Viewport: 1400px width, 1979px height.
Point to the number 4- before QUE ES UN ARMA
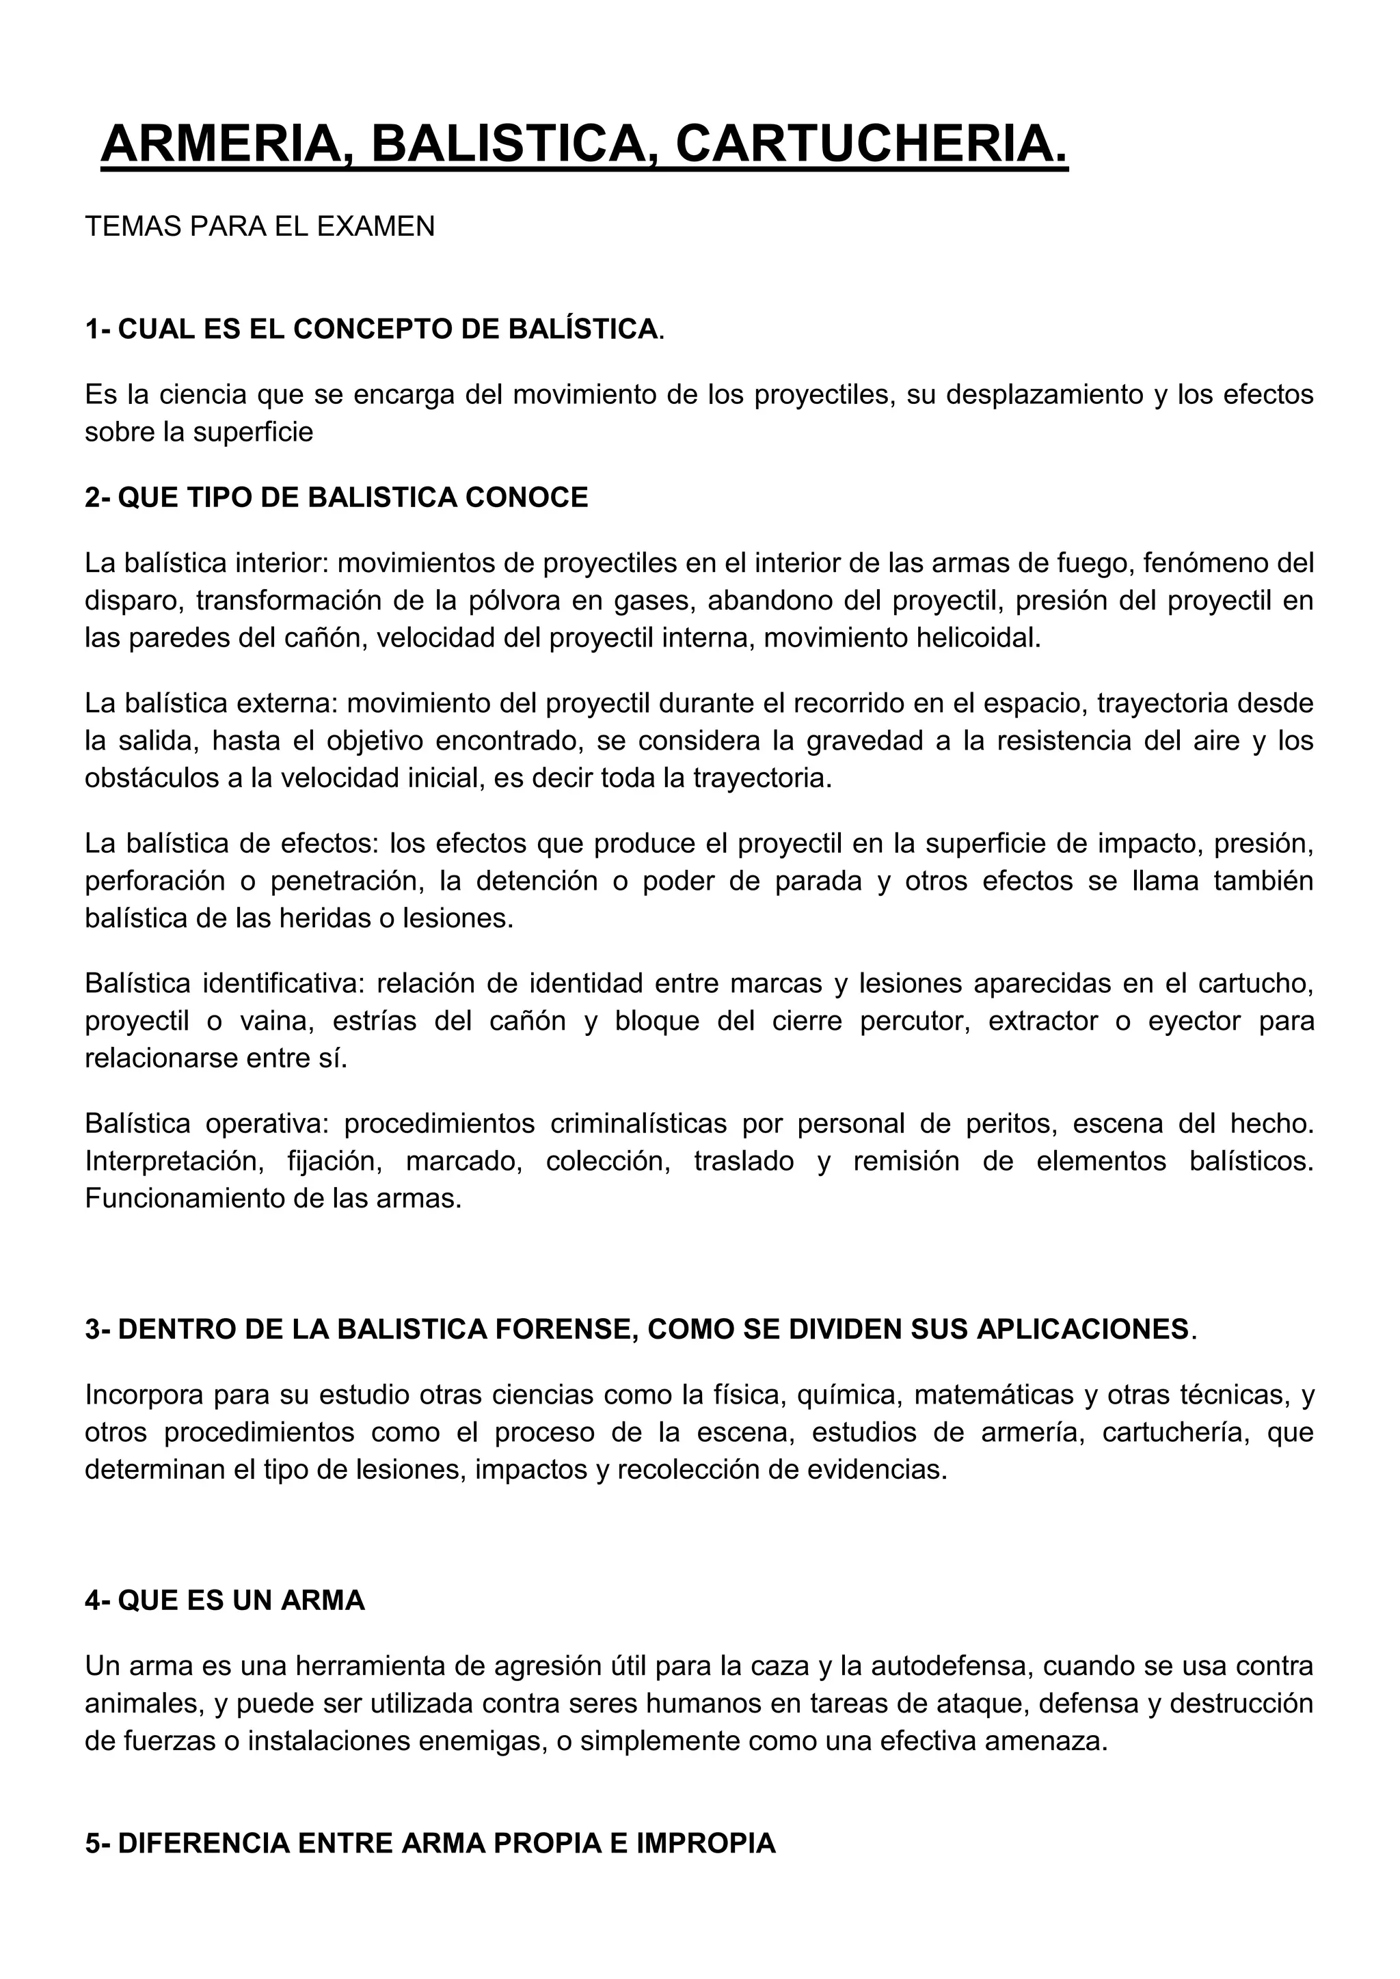click(x=98, y=1600)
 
